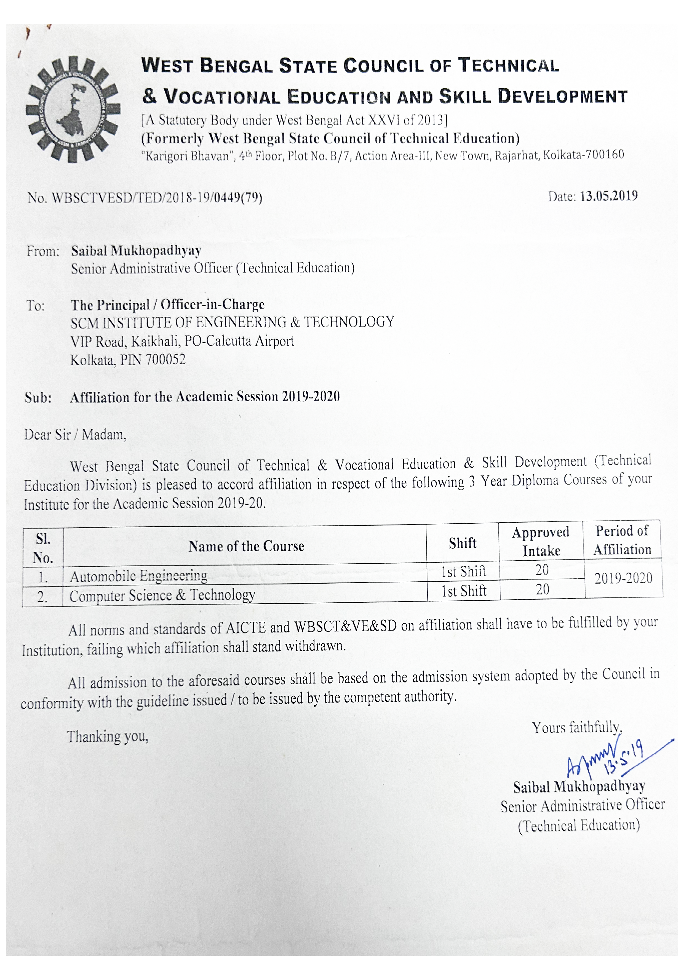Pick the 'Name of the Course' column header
click(x=246, y=546)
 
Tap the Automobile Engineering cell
click(x=139, y=576)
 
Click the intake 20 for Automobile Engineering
click(x=542, y=570)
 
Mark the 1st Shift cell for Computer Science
click(x=464, y=591)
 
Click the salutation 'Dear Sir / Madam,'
click(x=75, y=434)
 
